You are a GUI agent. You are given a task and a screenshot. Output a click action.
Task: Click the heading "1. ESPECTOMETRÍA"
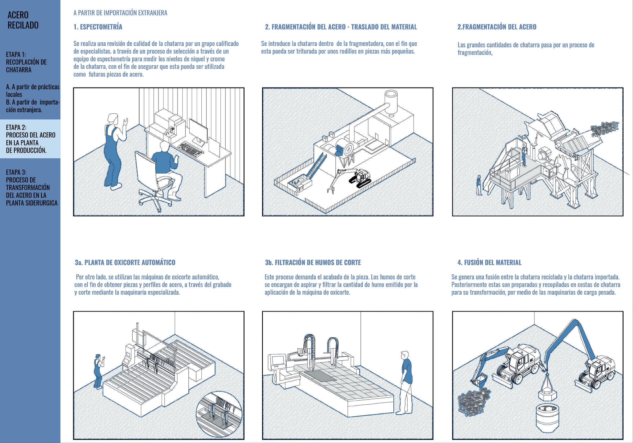pyautogui.click(x=98, y=27)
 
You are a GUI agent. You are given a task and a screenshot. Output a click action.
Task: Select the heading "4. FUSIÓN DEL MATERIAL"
pyautogui.click(x=489, y=263)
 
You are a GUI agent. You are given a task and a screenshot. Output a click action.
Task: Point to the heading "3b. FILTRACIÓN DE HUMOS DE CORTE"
pyautogui.click(x=313, y=263)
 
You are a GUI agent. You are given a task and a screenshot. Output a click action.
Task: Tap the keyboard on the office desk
pyautogui.click(x=191, y=149)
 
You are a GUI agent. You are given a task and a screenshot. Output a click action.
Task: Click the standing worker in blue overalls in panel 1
pyautogui.click(x=114, y=152)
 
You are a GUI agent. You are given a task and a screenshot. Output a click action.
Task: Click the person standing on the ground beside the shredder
pyautogui.click(x=479, y=185)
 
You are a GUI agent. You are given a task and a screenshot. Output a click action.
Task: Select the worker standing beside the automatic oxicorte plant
pyautogui.click(x=98, y=371)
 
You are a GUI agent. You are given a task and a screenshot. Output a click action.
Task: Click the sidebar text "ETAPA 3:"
pyautogui.click(x=16, y=172)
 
